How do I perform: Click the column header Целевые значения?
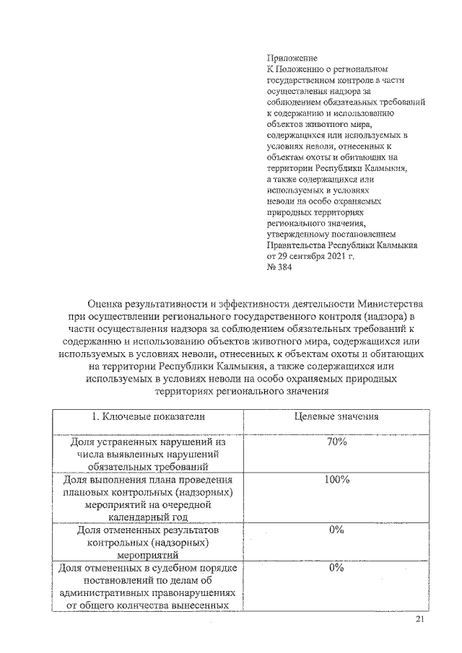click(x=338, y=416)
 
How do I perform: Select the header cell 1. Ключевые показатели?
click(x=148, y=416)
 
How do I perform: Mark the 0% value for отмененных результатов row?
click(x=336, y=530)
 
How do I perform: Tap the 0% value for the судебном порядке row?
click(x=336, y=568)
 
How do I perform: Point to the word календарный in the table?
click(x=133, y=517)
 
